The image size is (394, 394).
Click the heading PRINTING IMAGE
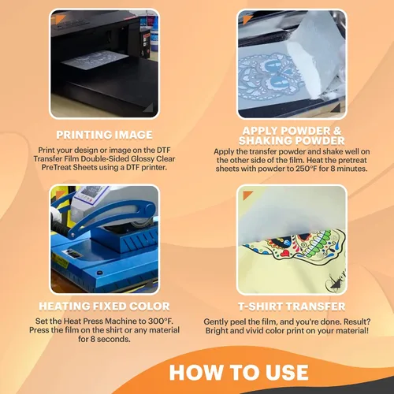point(104,135)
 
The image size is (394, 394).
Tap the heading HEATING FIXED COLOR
point(104,307)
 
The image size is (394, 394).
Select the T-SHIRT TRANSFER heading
point(292,307)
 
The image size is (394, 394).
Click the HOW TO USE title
point(239,373)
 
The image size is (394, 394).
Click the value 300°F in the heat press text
point(161,321)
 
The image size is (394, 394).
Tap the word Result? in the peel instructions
point(357,322)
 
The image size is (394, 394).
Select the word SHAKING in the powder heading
point(263,141)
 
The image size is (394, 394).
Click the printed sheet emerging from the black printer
point(95,61)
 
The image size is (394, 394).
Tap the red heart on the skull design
point(285,253)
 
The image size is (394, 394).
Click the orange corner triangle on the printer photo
point(59,19)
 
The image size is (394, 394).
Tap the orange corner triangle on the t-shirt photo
point(247,195)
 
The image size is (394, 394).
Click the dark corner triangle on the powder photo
point(336,108)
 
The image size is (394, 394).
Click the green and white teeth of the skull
point(319,243)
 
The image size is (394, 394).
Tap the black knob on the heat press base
point(99,273)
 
